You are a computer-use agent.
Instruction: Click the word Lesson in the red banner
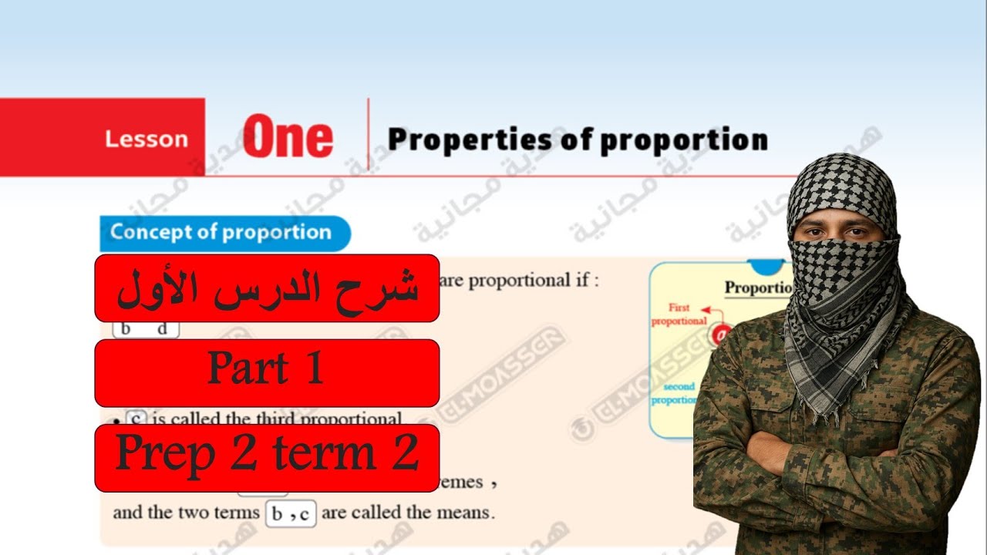(x=147, y=140)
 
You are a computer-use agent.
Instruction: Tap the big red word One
(x=288, y=138)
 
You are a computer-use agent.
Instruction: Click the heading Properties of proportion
(x=578, y=140)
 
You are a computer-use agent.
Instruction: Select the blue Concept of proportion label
(x=221, y=232)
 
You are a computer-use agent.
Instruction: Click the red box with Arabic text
(x=267, y=288)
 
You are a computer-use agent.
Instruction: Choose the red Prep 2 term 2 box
(x=267, y=457)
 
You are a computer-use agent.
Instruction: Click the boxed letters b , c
(x=291, y=514)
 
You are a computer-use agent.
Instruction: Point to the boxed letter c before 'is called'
(x=136, y=419)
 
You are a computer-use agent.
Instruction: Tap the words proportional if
(x=533, y=281)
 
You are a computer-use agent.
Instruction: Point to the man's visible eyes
(x=844, y=231)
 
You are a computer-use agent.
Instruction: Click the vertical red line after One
(x=368, y=137)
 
